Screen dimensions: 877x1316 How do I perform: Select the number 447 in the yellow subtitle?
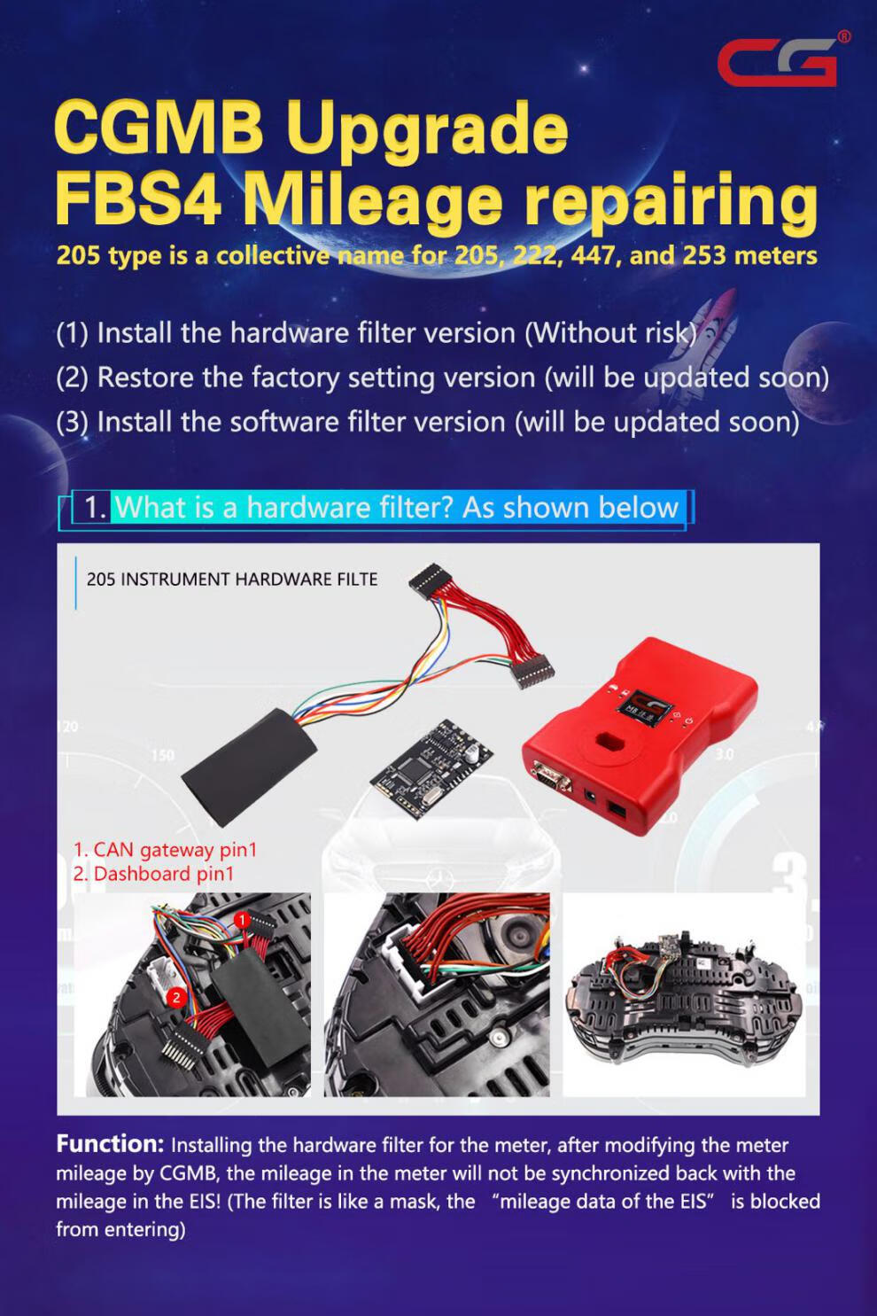coord(589,255)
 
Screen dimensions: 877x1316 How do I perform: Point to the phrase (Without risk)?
coord(610,333)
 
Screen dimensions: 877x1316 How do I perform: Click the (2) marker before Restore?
coord(73,378)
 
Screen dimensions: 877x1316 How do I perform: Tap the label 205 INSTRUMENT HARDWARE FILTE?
coord(232,580)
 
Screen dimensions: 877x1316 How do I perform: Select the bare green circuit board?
coord(431,769)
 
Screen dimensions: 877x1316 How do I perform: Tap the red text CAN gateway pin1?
coord(165,850)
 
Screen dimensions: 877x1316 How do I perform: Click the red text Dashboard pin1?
coord(153,874)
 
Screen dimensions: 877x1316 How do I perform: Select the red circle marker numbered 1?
coord(242,920)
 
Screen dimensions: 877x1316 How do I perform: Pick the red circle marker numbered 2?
coord(176,997)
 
